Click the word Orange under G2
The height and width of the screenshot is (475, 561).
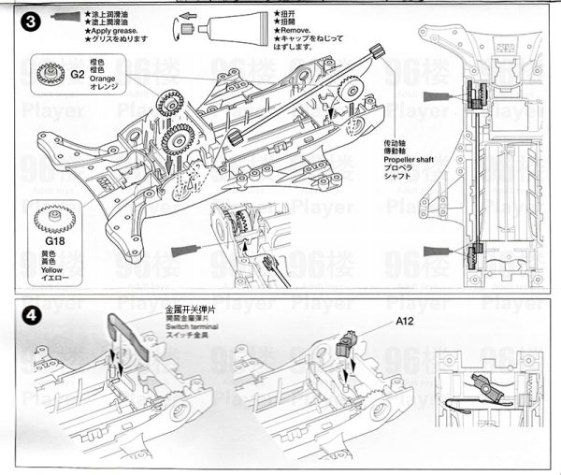(103, 78)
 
